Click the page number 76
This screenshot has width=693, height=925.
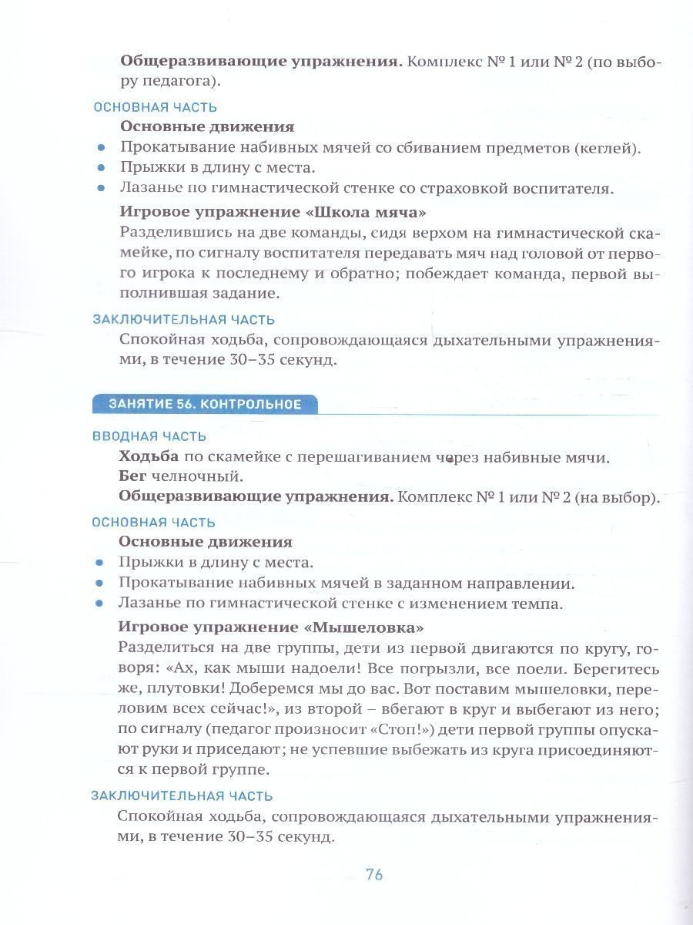tap(374, 874)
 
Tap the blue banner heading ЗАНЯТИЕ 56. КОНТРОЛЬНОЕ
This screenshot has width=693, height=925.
tap(204, 404)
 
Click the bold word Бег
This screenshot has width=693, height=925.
tap(132, 477)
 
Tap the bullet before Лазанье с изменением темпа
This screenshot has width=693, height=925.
tap(99, 605)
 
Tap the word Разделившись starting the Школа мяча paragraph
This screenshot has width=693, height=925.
tap(165, 232)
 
